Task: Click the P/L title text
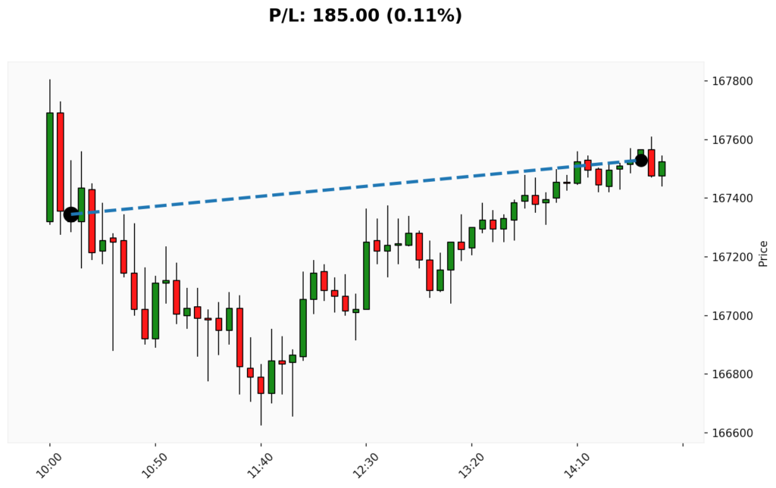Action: coord(365,15)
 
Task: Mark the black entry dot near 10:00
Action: coord(70,214)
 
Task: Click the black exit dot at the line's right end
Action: coord(641,160)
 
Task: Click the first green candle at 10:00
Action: coord(50,167)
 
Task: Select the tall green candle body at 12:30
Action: coord(366,275)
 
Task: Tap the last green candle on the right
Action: coord(662,168)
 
